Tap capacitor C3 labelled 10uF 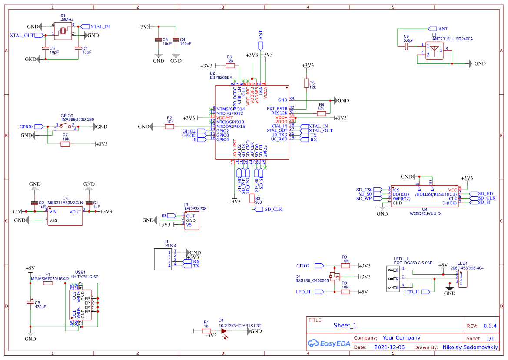coord(159,40)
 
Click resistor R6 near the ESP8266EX coord(230,66)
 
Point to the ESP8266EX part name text coord(221,77)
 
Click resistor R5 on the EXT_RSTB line coord(306,83)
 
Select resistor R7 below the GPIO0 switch coord(65,144)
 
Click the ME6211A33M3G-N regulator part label coord(65,203)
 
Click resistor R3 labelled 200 coord(252,199)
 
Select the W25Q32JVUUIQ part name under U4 coord(425,214)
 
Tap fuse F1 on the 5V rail coord(48,283)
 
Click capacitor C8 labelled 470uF coord(30,302)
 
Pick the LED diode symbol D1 coord(224,331)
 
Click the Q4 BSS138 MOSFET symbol coord(335,276)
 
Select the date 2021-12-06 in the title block coord(389,347)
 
